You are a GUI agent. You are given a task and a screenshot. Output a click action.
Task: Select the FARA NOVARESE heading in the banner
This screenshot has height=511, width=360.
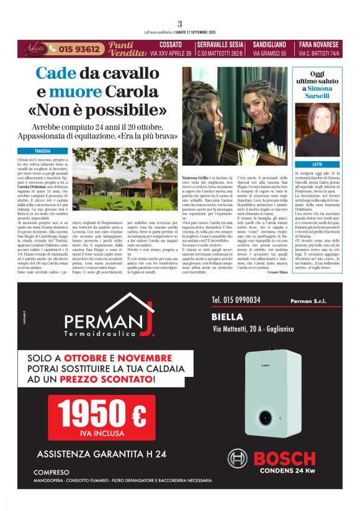[319, 45]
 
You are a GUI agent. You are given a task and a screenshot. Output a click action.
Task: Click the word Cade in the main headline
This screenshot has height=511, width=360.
[55, 73]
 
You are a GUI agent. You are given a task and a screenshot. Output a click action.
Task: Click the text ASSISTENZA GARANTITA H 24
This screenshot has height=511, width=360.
[101, 454]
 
